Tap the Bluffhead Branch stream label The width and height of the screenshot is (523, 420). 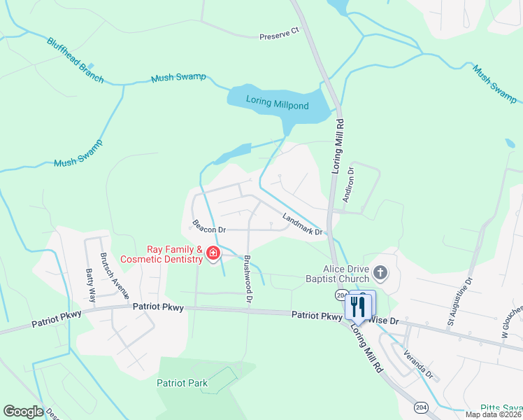75,61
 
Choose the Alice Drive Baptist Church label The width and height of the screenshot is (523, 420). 345,274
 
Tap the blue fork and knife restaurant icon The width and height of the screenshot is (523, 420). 359,305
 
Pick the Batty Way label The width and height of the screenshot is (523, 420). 89,281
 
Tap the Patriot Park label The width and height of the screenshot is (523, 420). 182,383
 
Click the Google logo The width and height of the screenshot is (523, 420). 23,412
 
